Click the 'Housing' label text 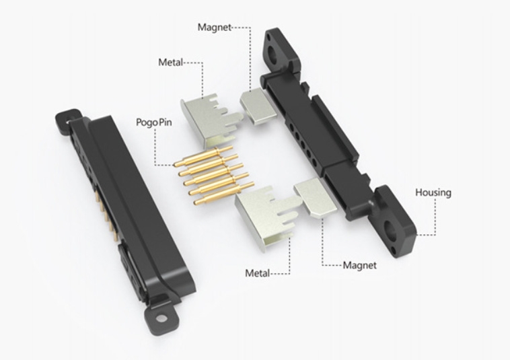tap(433, 192)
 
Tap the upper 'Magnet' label tap(214, 28)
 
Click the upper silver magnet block tap(256, 106)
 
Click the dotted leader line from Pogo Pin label tap(155, 148)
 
